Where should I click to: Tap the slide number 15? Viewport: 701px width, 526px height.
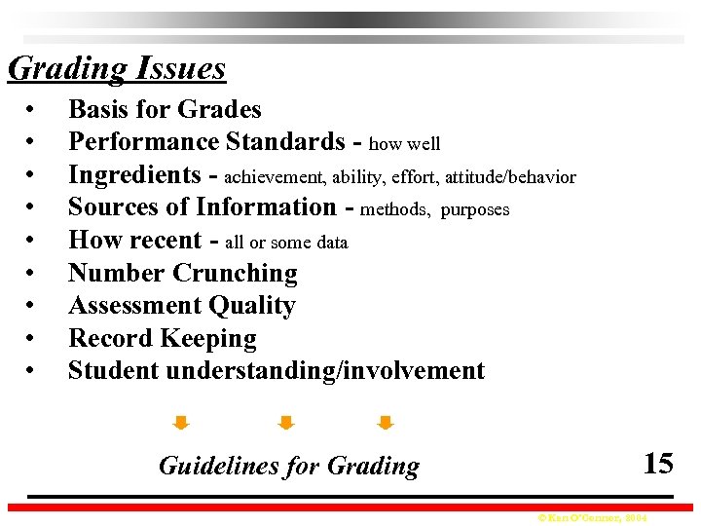657,463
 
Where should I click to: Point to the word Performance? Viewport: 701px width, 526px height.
143,142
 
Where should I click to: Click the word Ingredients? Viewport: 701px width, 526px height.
133,175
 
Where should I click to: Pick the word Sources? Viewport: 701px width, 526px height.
111,207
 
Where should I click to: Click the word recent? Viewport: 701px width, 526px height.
171,241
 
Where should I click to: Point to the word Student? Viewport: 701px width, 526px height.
114,371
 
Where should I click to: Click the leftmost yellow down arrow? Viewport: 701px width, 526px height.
180,423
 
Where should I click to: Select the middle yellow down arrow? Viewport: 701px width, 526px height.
285,423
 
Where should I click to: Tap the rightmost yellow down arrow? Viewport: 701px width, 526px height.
385,423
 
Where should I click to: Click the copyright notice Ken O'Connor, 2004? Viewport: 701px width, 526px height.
591,517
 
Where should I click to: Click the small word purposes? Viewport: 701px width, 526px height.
475,210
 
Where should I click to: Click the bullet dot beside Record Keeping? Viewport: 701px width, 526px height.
32,339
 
